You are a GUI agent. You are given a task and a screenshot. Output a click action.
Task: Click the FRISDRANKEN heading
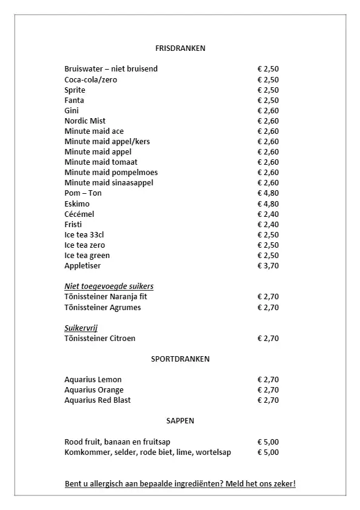(x=180, y=48)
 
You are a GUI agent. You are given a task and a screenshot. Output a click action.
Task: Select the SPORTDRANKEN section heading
(x=180, y=359)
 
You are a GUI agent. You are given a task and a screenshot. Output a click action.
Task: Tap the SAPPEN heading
(x=180, y=420)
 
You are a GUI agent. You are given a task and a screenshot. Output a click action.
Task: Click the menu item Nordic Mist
(x=85, y=121)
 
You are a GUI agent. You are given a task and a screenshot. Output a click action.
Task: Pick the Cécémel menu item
(x=79, y=214)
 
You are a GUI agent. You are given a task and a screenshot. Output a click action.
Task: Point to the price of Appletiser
(x=268, y=265)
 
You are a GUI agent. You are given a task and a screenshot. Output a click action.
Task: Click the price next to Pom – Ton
(x=268, y=193)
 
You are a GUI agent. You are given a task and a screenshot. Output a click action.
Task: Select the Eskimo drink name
(x=77, y=204)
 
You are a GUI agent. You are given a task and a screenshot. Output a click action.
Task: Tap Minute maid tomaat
(x=101, y=162)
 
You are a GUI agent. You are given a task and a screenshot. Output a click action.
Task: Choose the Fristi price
(x=268, y=224)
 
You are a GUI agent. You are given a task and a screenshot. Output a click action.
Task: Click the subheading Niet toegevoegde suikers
(x=108, y=286)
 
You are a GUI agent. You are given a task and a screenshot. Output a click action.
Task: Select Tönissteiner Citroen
(x=100, y=338)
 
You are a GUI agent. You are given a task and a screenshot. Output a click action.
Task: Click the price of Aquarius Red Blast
(x=268, y=400)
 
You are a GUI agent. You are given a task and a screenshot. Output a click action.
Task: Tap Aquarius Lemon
(x=93, y=379)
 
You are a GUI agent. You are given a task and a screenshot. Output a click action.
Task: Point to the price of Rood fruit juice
(x=268, y=442)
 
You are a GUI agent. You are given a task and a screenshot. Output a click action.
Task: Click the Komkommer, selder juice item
(x=147, y=452)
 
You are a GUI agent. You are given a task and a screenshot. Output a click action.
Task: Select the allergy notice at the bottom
(x=180, y=484)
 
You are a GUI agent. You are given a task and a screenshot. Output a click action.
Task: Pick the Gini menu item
(x=72, y=110)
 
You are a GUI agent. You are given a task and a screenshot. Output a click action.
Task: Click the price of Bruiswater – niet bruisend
(x=268, y=69)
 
